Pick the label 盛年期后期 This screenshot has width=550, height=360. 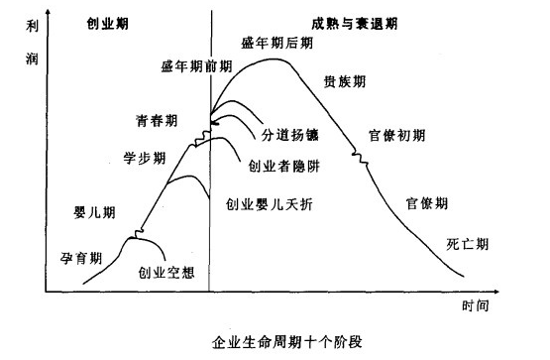tap(275, 43)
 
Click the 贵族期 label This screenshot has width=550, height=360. tap(344, 81)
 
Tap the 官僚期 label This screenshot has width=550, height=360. tap(428, 202)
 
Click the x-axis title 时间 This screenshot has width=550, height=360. tap(475, 304)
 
